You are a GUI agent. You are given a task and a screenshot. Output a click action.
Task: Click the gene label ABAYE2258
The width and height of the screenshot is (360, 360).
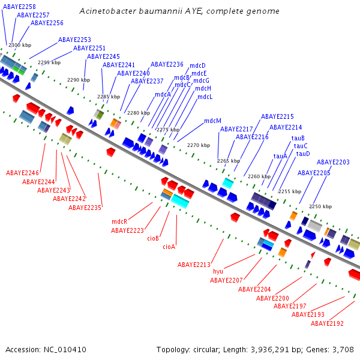(20, 7)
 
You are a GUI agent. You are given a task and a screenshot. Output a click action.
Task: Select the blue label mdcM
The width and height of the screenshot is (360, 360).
(212, 121)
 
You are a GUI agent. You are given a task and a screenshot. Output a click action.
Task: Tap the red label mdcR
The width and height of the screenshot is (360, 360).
(119, 221)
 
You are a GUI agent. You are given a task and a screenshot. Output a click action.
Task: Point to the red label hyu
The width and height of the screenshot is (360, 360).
(218, 271)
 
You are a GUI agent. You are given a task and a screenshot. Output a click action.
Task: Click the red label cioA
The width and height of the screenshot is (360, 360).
(169, 247)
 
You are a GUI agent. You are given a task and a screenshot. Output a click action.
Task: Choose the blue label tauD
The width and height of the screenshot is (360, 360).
(303, 154)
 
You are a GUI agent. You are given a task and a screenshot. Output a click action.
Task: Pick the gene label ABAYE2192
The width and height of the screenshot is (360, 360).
(327, 323)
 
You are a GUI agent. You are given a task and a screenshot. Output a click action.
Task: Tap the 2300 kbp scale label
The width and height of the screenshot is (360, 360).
(20, 45)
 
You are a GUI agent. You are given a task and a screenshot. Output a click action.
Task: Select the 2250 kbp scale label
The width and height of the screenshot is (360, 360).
(320, 206)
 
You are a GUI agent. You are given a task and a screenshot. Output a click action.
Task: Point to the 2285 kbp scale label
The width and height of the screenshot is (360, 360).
(109, 97)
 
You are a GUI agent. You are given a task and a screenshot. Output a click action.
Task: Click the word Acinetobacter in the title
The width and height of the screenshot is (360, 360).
(106, 11)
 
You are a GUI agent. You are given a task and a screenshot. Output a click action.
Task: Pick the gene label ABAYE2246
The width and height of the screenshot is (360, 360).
(23, 173)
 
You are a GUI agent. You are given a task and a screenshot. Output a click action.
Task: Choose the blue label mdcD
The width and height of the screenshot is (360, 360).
(197, 65)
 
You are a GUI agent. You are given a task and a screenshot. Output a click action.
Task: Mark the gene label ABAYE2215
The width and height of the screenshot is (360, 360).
(277, 116)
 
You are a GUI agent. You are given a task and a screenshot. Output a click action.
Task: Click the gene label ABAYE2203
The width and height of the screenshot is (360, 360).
(333, 162)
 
